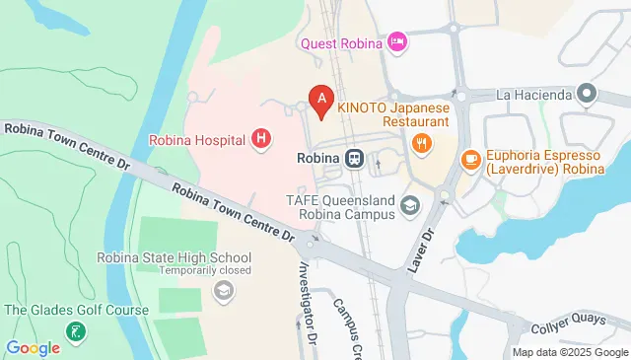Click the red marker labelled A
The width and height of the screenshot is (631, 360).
(x=319, y=100)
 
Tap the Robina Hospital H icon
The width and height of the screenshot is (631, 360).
(x=260, y=139)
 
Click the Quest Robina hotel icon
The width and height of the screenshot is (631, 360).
(x=397, y=41)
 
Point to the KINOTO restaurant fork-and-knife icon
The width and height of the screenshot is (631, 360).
(x=422, y=143)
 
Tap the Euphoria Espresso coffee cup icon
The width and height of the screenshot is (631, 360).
(x=470, y=157)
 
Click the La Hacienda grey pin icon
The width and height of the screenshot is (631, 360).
(x=587, y=95)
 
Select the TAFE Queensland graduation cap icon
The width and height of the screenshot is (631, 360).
(x=410, y=205)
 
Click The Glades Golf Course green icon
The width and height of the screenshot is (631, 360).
(x=75, y=330)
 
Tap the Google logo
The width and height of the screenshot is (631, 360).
(x=34, y=347)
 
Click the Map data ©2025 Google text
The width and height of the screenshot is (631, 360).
(x=570, y=352)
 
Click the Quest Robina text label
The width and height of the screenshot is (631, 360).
(x=340, y=42)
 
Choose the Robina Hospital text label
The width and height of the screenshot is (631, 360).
(x=197, y=140)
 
